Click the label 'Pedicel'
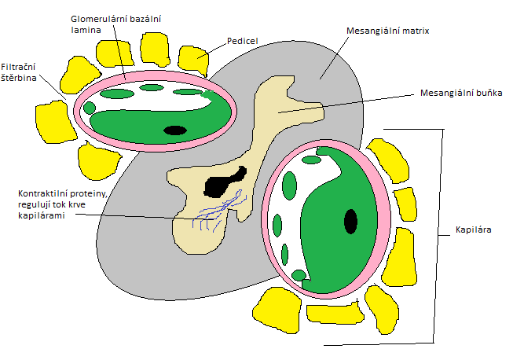tap(243, 41)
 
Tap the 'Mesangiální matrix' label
tap(387, 31)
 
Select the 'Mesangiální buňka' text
tap(461, 93)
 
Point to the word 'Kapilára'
tap(474, 230)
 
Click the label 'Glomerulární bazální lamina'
tap(115, 24)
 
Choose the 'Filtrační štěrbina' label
tap(18, 72)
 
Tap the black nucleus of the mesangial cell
tap(225, 182)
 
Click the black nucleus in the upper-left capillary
tap(175, 130)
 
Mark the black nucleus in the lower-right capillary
tap(350, 222)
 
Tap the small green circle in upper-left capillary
tap(90, 108)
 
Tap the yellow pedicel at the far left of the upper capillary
tap(54, 121)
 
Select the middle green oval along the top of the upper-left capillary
tap(151, 87)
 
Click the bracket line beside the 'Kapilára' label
tap(438, 236)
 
